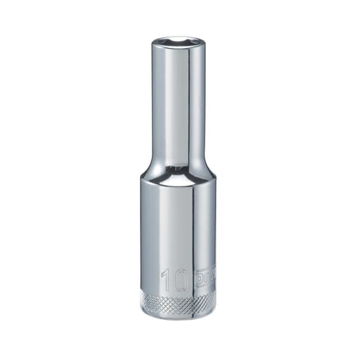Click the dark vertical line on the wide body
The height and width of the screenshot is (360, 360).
pos(193,225)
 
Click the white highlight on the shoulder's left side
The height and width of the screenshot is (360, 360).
pos(149,173)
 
